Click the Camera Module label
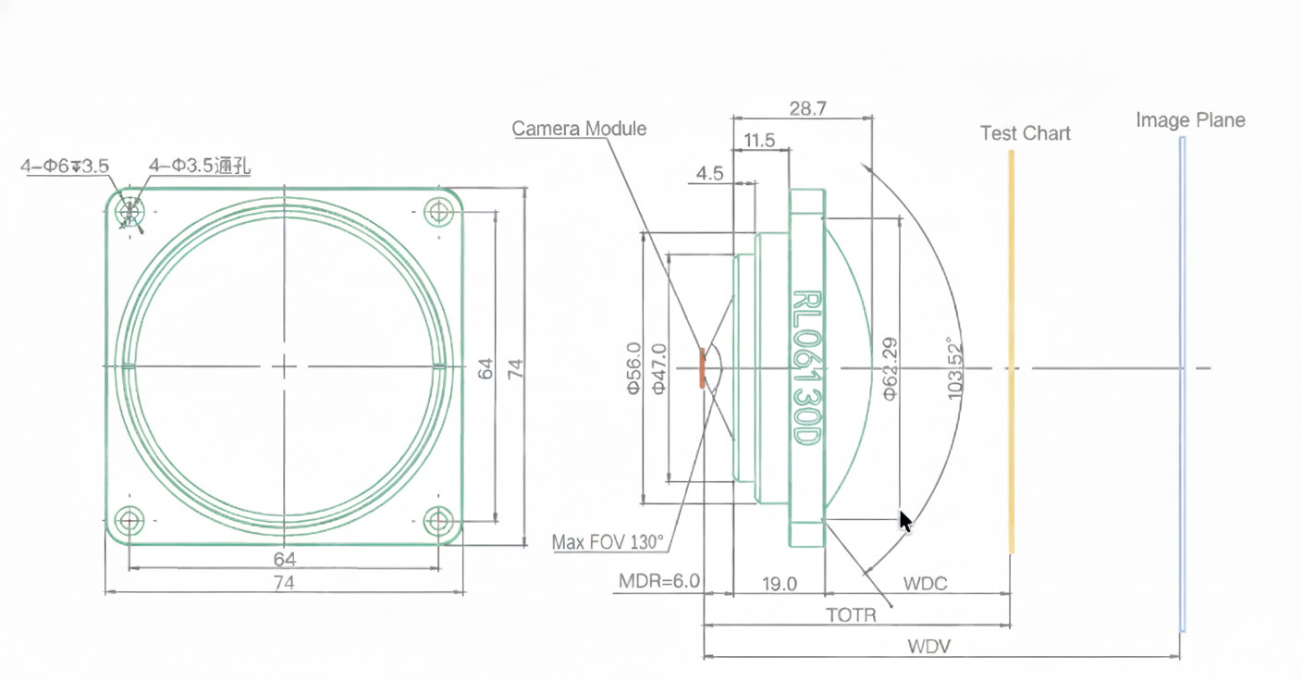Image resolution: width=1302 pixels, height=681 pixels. [579, 129]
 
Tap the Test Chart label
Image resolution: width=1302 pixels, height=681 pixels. [1025, 133]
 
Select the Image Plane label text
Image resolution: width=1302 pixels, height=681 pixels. [1190, 120]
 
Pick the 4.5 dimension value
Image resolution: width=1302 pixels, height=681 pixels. [709, 174]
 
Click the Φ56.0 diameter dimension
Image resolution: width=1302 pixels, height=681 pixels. [633, 368]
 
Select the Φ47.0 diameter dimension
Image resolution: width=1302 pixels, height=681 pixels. [659, 368]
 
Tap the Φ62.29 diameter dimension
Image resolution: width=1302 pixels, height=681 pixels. [890, 368]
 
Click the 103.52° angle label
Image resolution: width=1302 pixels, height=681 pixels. [955, 368]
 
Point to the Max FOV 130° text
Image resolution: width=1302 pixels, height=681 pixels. [608, 542]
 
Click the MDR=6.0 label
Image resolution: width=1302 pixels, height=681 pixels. [659, 583]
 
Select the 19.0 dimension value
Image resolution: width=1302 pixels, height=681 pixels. [779, 584]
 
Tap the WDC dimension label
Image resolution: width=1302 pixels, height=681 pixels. [925, 585]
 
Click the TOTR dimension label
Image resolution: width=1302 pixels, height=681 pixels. [851, 614]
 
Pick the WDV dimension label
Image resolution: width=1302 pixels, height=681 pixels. [929, 647]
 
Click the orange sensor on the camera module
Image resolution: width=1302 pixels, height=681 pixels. [702, 367]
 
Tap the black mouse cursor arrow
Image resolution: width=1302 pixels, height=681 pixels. [906, 521]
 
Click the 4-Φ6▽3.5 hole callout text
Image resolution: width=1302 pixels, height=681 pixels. [65, 166]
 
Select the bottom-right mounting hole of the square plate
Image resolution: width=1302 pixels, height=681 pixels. [438, 521]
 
